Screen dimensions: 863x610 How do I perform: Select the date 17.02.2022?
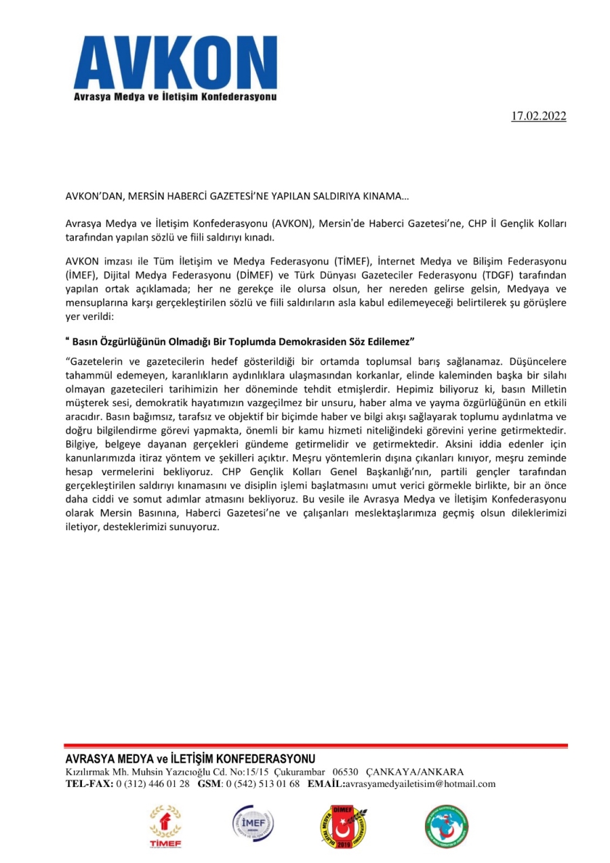pyautogui.click(x=538, y=116)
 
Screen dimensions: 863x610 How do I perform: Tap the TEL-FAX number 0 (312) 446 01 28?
pyautogui.click(x=153, y=784)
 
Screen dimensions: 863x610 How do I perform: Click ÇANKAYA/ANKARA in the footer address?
pyautogui.click(x=415, y=772)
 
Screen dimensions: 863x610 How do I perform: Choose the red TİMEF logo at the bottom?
pyautogui.click(x=165, y=825)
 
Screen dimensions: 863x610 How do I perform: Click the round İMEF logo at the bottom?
pyautogui.click(x=252, y=825)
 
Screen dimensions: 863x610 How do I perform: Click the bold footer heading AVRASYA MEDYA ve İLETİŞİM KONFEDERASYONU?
pyautogui.click(x=190, y=758)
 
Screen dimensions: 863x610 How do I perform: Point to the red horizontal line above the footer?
pyautogui.click(x=316, y=746)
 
